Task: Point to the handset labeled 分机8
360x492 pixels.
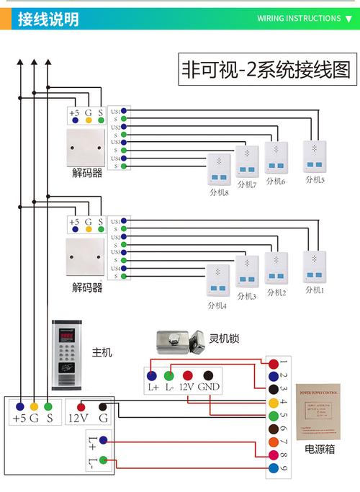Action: click(218, 171)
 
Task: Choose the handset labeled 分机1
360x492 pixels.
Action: click(315, 267)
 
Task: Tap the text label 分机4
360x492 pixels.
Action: click(217, 306)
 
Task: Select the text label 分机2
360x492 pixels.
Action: click(276, 292)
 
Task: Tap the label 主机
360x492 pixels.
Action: click(102, 352)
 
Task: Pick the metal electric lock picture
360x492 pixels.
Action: click(177, 341)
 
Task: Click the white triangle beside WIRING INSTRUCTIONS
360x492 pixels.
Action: click(349, 19)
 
